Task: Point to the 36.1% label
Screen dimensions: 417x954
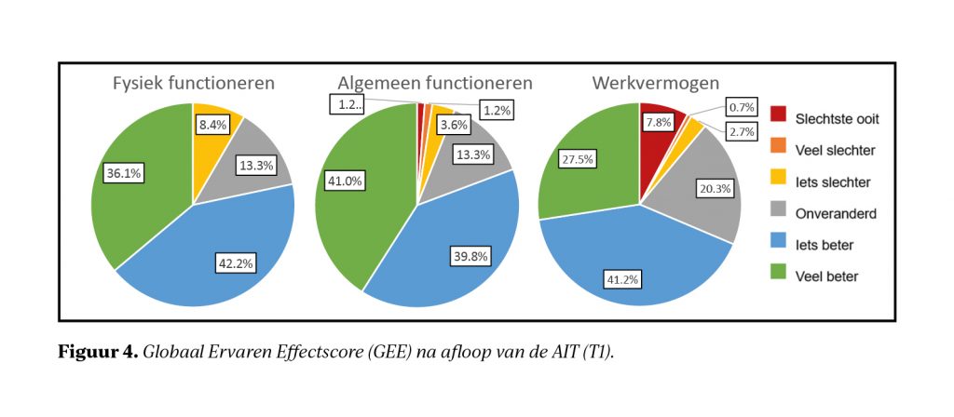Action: tap(122, 173)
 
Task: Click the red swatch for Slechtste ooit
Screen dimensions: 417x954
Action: tap(780, 116)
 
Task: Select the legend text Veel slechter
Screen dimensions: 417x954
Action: tap(835, 148)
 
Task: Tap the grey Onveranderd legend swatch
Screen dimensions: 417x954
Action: tap(780, 212)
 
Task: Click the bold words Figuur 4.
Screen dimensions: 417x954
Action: tap(99, 352)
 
